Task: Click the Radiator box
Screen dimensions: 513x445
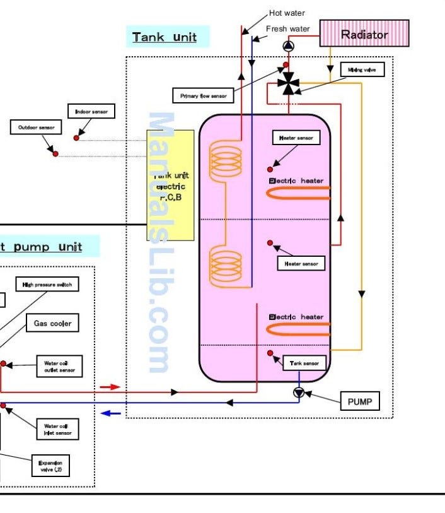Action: [x=364, y=33]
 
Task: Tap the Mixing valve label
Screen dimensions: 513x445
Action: [x=361, y=69]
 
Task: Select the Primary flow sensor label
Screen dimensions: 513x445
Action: [x=203, y=96]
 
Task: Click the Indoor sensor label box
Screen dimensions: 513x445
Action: [x=91, y=112]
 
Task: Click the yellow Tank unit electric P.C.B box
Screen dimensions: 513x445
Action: [x=170, y=185]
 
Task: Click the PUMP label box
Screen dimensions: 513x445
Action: [x=360, y=401]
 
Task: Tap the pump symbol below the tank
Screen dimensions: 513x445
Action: [x=299, y=392]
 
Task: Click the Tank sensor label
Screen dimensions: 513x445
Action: [x=305, y=363]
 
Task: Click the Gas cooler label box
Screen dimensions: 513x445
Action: [x=52, y=324]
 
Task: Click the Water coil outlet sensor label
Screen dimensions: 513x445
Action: [x=59, y=367]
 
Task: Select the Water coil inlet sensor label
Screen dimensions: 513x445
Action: [x=57, y=428]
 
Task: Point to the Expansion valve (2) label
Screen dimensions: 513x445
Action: [x=50, y=466]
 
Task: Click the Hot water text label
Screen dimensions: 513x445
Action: [x=287, y=13]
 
